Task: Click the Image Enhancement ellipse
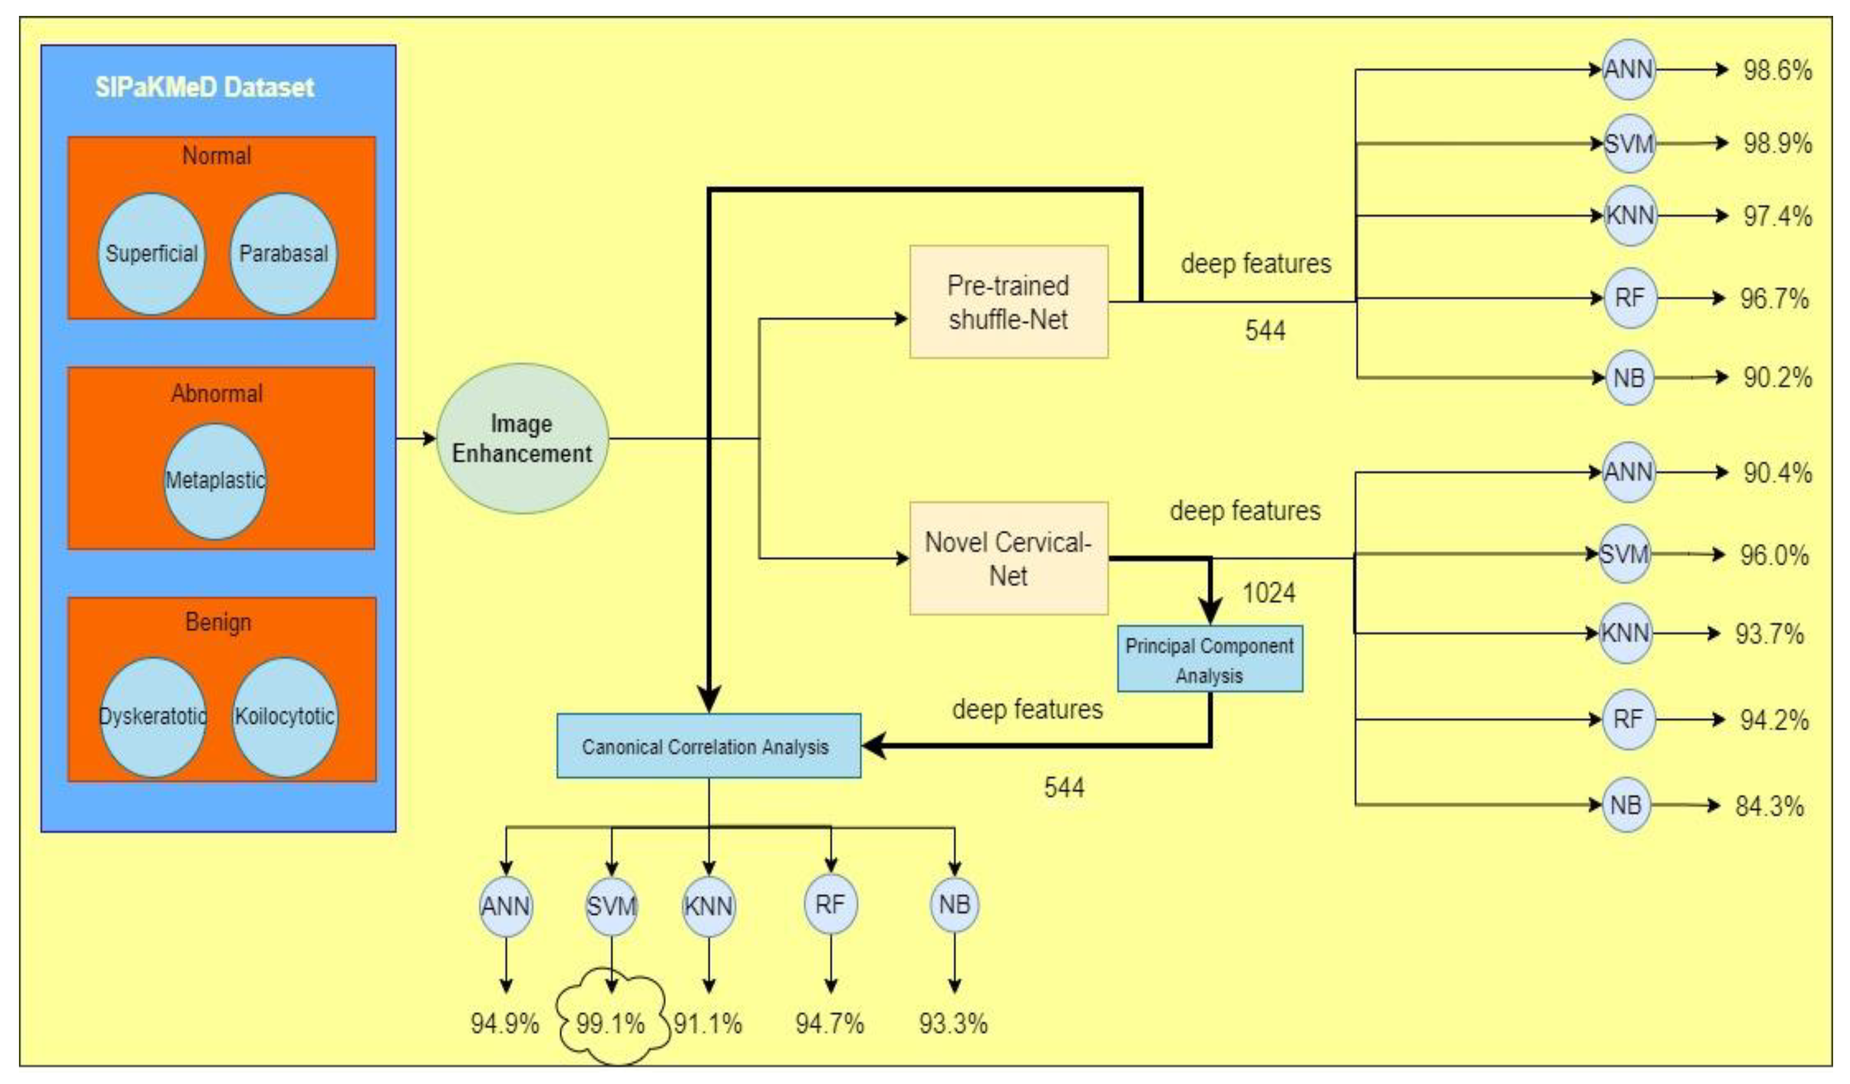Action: click(x=522, y=438)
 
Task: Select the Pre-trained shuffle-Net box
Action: click(x=1008, y=302)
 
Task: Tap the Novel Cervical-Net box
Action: click(x=1008, y=558)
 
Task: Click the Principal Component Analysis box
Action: click(x=1209, y=659)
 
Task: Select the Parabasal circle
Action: click(x=284, y=254)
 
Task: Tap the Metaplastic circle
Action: click(x=214, y=481)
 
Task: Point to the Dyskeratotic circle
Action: click(x=153, y=716)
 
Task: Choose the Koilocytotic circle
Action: click(x=284, y=716)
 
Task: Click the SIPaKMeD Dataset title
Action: click(x=204, y=88)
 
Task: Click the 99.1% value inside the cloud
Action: click(x=610, y=1023)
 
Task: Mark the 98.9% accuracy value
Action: click(x=1777, y=143)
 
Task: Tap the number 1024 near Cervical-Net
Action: click(x=1268, y=592)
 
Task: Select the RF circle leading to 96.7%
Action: click(x=1629, y=298)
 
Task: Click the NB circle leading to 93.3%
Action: click(x=954, y=905)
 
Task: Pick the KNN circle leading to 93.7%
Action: click(x=1625, y=633)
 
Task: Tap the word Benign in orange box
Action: click(x=218, y=623)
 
